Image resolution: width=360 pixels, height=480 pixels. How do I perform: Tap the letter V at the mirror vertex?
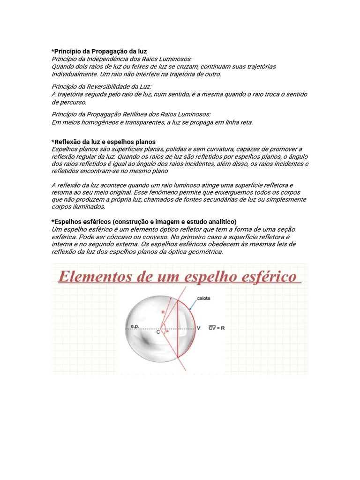pyautogui.click(x=199, y=329)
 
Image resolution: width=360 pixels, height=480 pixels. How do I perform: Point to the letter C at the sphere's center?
pyautogui.click(x=158, y=332)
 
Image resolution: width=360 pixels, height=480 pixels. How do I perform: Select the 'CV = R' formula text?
pyautogui.click(x=217, y=329)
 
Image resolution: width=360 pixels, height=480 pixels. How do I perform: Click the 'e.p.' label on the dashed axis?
pyautogui.click(x=135, y=325)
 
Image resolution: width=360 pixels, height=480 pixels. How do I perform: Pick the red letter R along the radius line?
pyautogui.click(x=163, y=311)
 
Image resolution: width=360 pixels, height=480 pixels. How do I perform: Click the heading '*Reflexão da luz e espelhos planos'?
pyautogui.click(x=103, y=142)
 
